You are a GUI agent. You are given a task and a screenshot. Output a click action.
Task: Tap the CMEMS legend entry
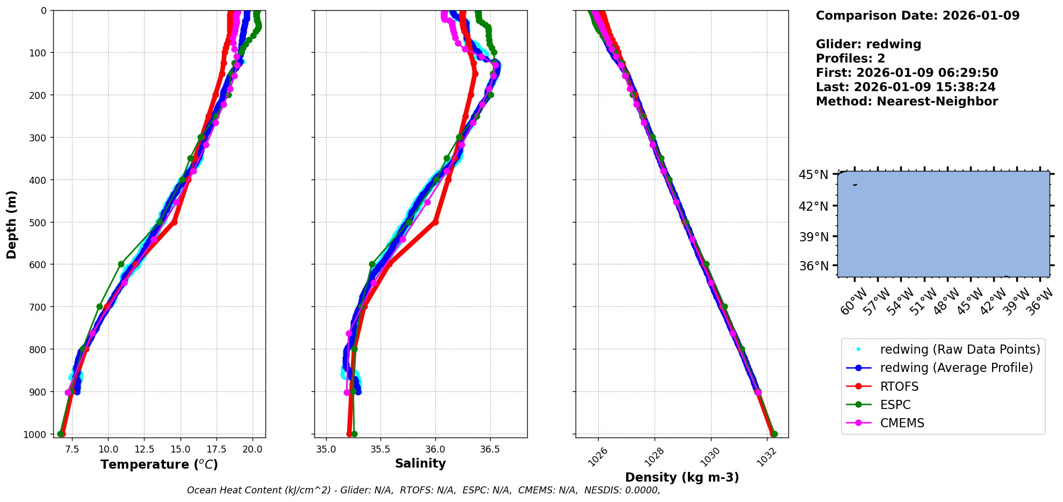[902, 423]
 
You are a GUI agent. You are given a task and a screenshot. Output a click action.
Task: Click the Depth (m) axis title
[12, 224]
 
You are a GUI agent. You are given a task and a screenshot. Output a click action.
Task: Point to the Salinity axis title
[420, 463]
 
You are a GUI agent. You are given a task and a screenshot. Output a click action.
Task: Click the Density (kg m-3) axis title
[682, 477]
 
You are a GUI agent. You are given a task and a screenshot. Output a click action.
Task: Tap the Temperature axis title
[159, 464]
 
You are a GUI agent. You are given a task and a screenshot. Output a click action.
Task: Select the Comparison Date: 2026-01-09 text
[917, 16]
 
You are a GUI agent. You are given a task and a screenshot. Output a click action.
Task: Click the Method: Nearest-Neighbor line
[907, 102]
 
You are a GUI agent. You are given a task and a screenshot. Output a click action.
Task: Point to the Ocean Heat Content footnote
[423, 490]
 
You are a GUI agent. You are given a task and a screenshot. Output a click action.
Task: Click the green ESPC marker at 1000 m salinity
[354, 434]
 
